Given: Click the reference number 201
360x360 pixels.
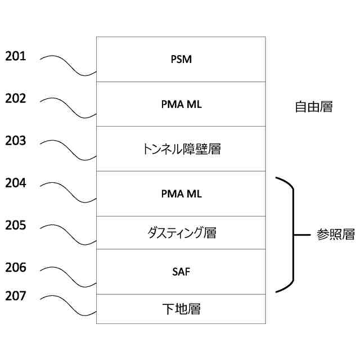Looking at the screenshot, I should tap(16, 56).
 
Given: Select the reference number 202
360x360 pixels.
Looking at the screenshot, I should tap(16, 98).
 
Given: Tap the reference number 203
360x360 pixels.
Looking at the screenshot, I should tap(16, 141).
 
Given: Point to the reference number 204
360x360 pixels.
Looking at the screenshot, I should tap(16, 183).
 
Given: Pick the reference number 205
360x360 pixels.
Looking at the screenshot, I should tap(16, 226).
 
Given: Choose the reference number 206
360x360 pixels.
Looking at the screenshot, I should tap(16, 268).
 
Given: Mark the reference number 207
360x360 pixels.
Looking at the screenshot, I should tap(16, 295).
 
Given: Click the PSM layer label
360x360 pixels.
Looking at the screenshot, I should tap(181, 59).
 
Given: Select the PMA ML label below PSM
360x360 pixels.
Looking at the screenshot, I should tap(181, 104).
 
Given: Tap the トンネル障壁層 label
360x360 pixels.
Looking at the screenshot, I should tap(181, 149).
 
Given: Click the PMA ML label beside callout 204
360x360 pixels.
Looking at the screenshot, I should tap(181, 194).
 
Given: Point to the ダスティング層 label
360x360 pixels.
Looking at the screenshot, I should tap(181, 232).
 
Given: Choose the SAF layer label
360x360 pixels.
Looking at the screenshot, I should tap(181, 272).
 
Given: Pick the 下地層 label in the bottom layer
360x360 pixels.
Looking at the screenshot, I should tap(181, 309).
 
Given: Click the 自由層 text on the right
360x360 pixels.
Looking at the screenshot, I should tap(313, 107).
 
